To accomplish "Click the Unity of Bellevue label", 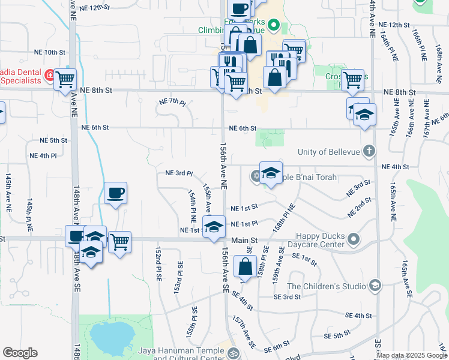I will [333, 151].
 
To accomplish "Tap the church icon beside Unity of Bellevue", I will [370, 151].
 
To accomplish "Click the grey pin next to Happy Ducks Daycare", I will [354, 240].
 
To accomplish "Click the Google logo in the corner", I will [20, 353].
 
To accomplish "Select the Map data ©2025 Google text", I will [412, 355].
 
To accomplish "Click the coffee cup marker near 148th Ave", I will [115, 193].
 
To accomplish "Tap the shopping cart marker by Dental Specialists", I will [65, 79].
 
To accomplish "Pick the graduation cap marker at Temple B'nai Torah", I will [271, 173].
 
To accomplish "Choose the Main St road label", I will [245, 240].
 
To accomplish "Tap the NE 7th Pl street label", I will [172, 102].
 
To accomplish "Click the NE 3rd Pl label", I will [179, 174].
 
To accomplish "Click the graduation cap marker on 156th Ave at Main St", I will [213, 227].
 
